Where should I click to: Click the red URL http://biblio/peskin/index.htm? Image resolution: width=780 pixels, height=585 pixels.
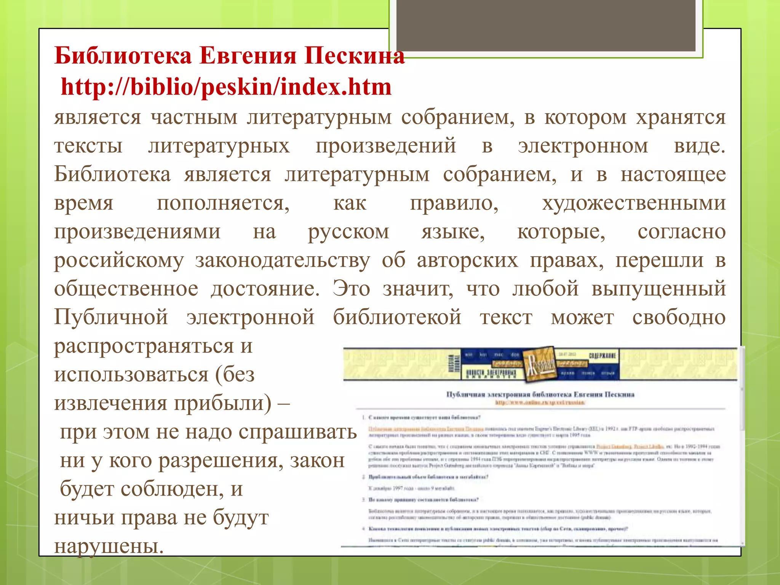[x=226, y=87]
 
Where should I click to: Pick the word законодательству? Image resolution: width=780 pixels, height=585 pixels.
[x=283, y=261]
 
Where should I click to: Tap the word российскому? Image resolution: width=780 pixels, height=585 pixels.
[x=119, y=261]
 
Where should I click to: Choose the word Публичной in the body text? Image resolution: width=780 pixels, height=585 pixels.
[x=111, y=317]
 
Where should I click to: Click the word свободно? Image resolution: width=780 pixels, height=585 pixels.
[x=679, y=317]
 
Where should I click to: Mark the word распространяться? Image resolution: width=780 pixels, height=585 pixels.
[x=144, y=346]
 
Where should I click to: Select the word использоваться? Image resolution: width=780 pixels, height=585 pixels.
[x=131, y=375]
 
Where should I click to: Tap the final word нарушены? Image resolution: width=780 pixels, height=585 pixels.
[x=109, y=546]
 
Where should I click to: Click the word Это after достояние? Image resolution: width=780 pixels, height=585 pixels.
[x=351, y=289]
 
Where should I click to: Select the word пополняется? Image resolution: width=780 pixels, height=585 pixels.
[x=223, y=203]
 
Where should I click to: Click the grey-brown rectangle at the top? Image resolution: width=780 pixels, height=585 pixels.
[x=546, y=25]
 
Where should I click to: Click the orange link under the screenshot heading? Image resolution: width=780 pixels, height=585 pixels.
[x=540, y=402]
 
